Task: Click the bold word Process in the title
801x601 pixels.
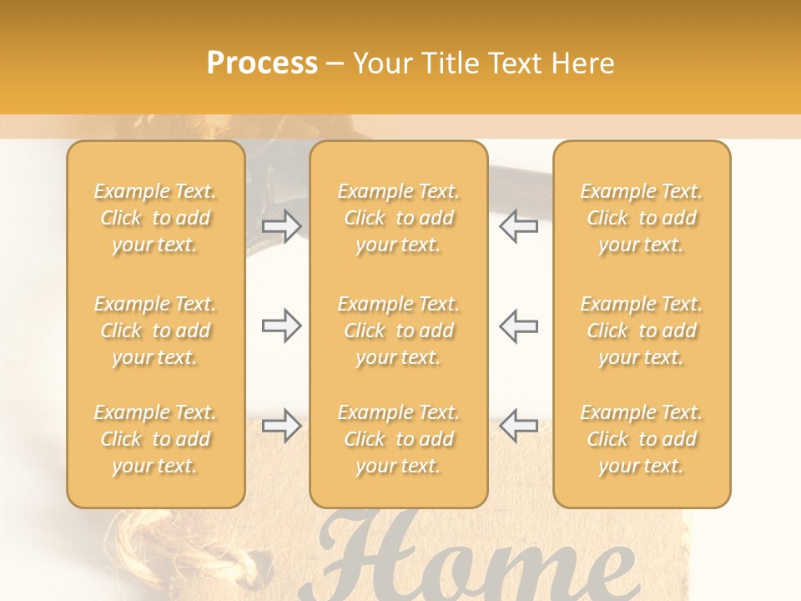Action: point(262,63)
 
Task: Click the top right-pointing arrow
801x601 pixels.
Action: point(281,226)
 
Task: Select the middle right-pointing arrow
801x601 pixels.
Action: point(281,326)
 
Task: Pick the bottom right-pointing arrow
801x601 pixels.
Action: point(281,426)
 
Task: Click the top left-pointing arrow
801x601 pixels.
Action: point(518,226)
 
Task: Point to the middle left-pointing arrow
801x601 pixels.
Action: point(518,326)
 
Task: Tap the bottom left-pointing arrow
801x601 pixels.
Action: point(518,426)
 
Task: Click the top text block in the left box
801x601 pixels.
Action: point(155,218)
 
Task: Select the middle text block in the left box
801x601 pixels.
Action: point(155,331)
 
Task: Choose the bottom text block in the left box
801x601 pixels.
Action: point(155,439)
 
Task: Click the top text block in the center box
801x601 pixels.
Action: point(399,218)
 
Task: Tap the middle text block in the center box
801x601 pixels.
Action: point(399,331)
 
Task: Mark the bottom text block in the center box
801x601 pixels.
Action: point(399,439)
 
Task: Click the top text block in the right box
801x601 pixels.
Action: point(642,218)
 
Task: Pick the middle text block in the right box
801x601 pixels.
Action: point(642,331)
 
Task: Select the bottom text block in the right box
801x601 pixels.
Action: point(642,439)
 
